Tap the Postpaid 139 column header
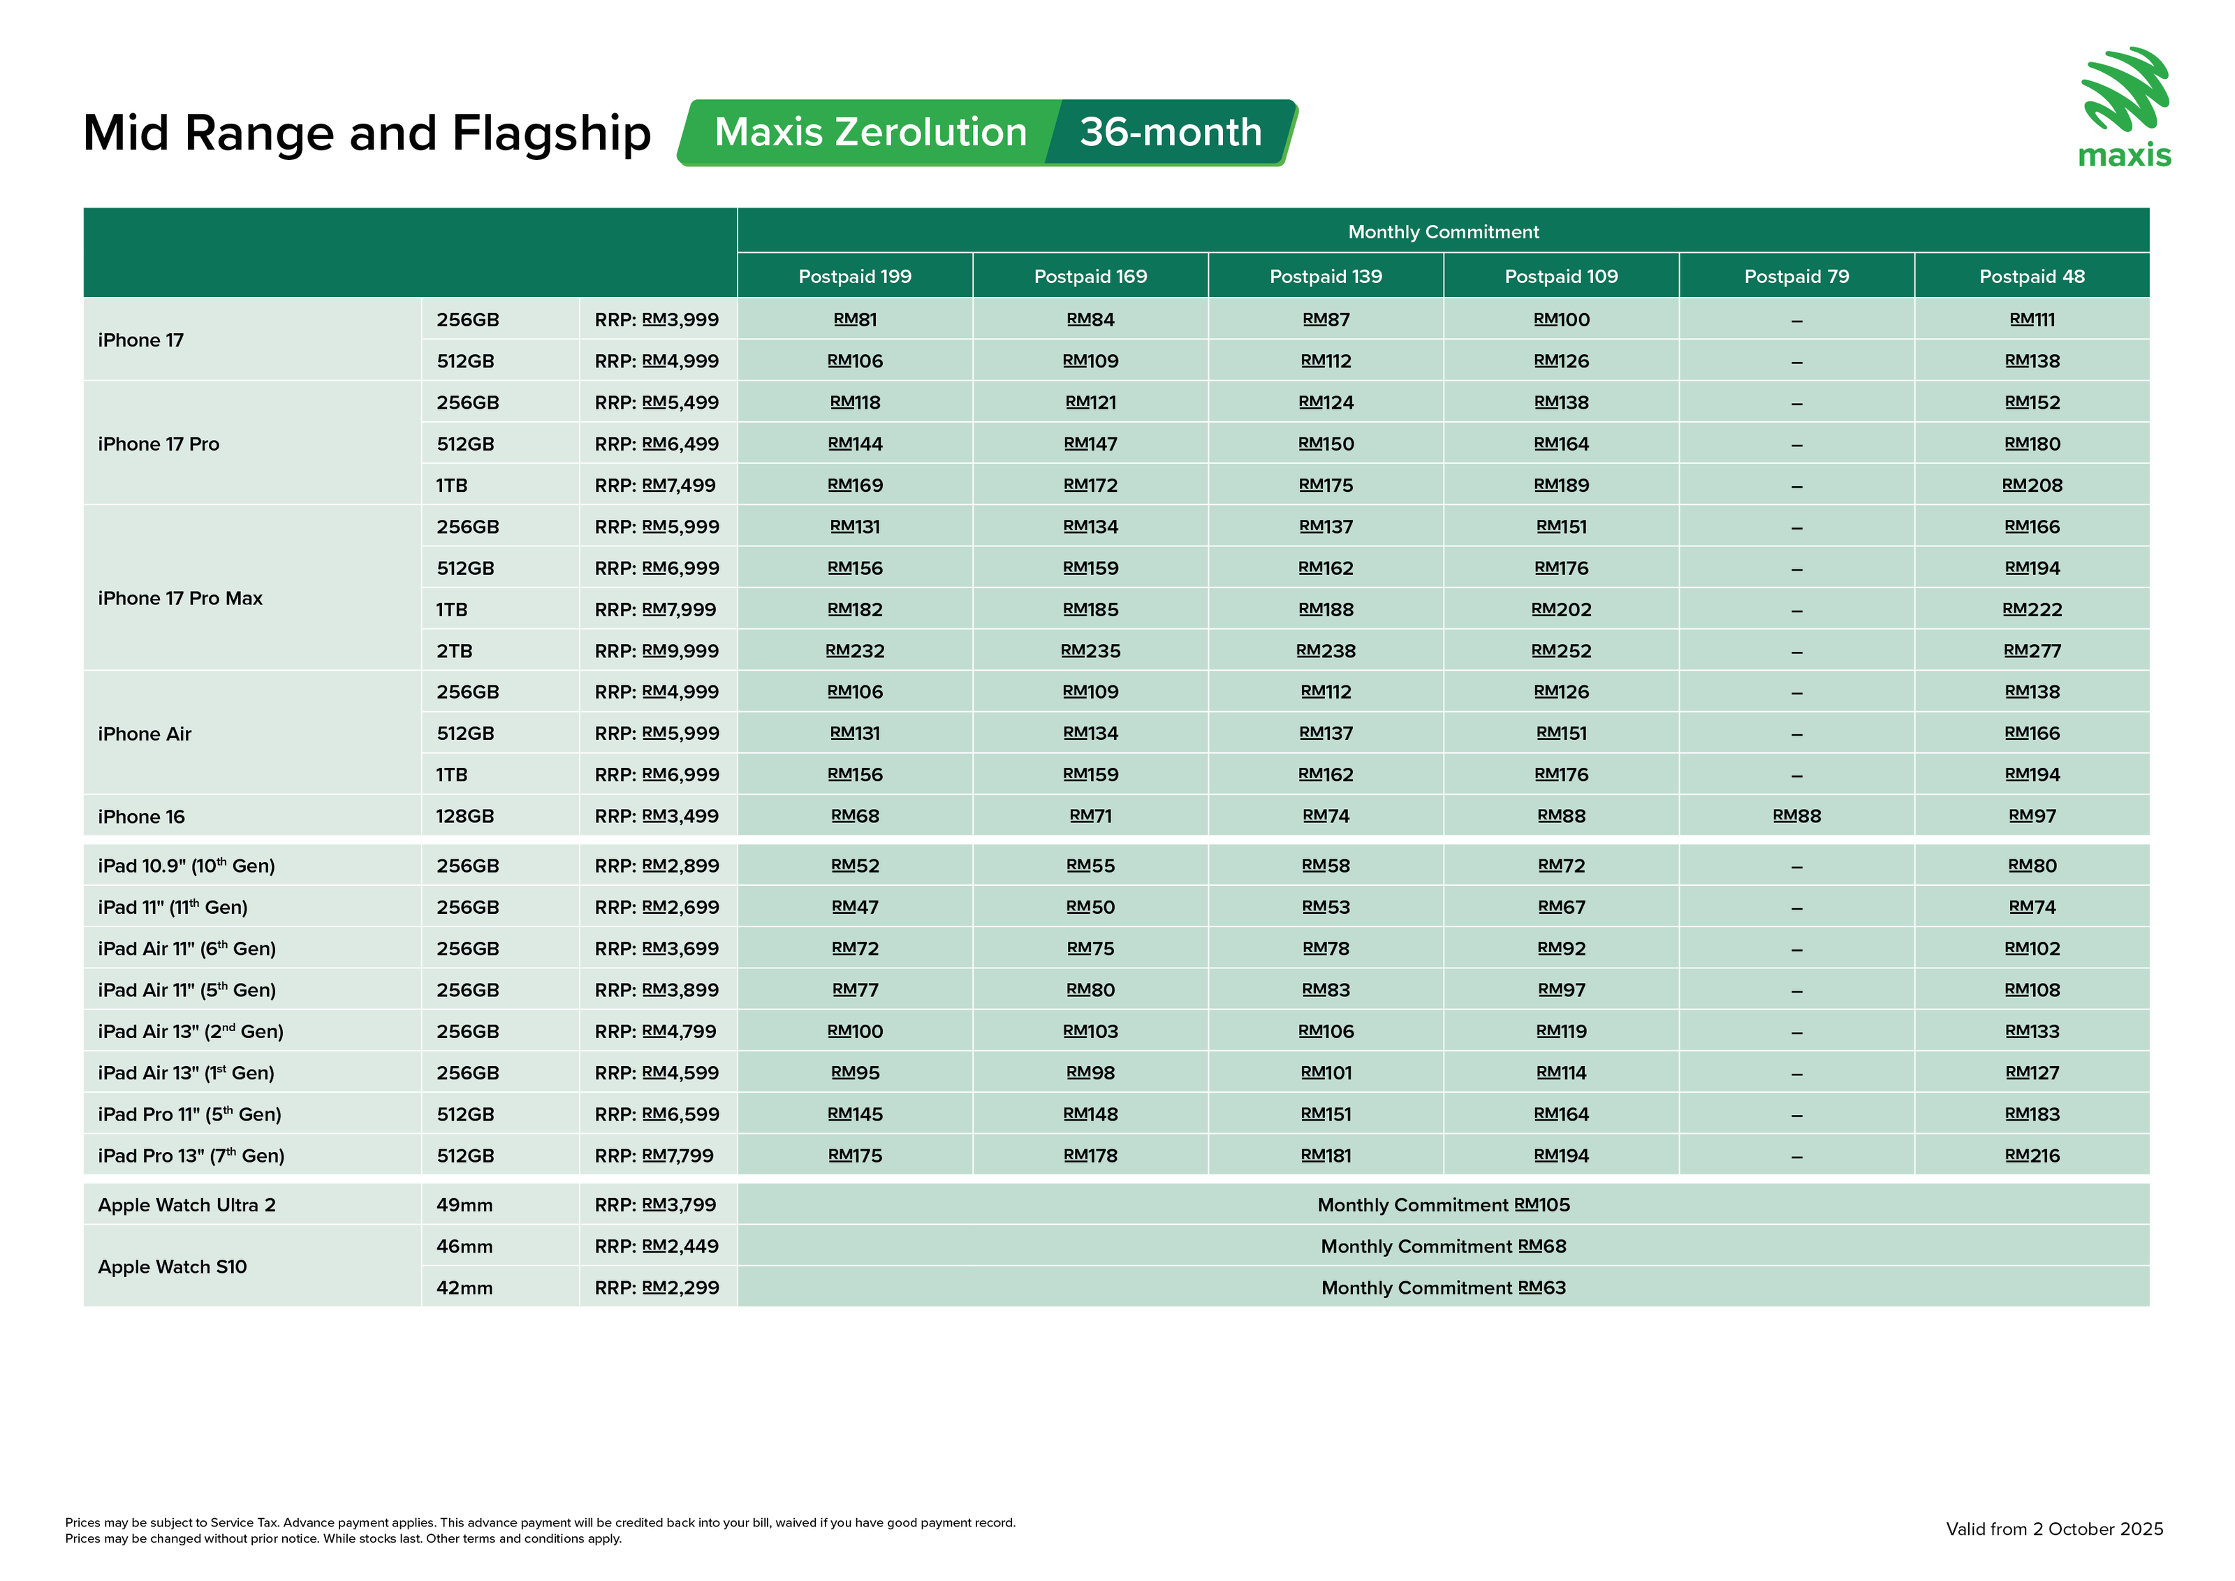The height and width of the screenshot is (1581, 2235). pos(1325,277)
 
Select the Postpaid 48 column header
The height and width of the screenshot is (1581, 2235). pos(2032,277)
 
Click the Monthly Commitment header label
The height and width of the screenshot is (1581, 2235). pos(1443,232)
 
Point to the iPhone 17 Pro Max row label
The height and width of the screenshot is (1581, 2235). pos(180,599)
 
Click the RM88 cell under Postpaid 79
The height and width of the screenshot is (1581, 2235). pos(1796,817)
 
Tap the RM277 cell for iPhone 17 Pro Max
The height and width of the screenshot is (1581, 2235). pos(2032,651)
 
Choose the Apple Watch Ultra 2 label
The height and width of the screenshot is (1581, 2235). pos(187,1205)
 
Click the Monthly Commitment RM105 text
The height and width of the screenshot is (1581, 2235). pos(1443,1205)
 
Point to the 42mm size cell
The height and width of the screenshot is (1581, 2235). pos(464,1288)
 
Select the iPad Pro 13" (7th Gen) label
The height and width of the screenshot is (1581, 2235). pos(191,1156)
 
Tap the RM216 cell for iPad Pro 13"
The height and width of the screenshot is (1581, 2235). pos(2032,1156)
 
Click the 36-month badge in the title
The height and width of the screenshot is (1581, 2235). pos(1170,133)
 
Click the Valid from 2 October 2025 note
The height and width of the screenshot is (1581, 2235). pos(2054,1529)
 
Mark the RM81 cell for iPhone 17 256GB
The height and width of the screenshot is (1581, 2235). pos(855,319)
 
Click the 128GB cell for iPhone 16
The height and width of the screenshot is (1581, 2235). pos(464,817)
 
